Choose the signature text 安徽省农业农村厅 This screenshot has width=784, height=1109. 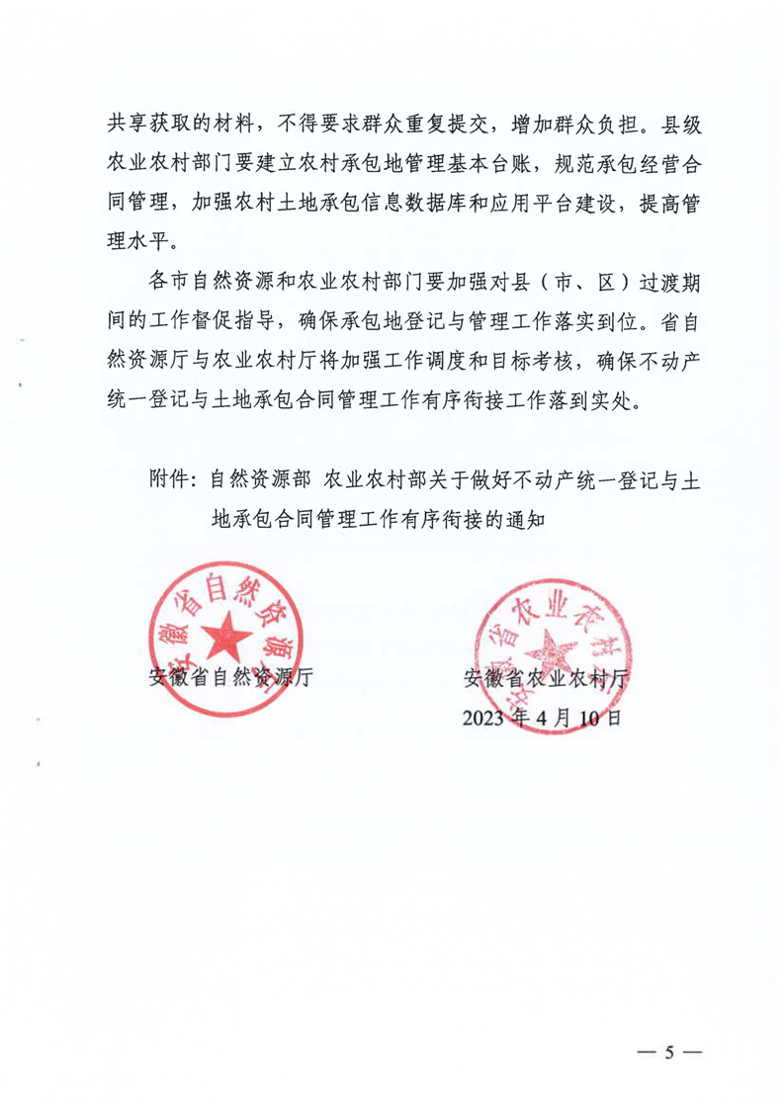pyautogui.click(x=552, y=678)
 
